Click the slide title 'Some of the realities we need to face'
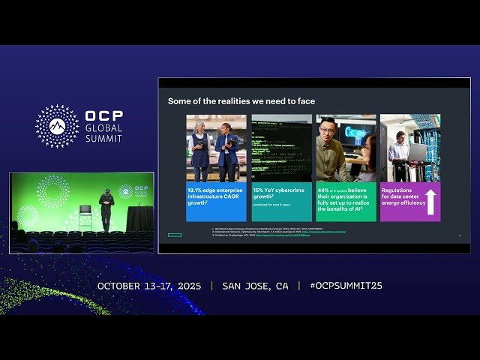[241, 101]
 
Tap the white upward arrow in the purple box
[431, 202]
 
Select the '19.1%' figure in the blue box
[197, 191]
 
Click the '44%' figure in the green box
[324, 191]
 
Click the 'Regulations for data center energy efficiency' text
[403, 197]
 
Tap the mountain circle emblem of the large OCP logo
[57, 126]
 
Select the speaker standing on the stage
[106, 209]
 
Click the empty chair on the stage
[85, 213]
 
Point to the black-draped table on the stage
[139, 218]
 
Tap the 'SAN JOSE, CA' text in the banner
[255, 286]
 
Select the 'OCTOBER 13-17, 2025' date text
[150, 286]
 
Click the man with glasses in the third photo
[331, 149]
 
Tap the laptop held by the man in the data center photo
[417, 151]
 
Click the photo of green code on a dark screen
[281, 148]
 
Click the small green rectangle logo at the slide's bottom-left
[175, 235]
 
